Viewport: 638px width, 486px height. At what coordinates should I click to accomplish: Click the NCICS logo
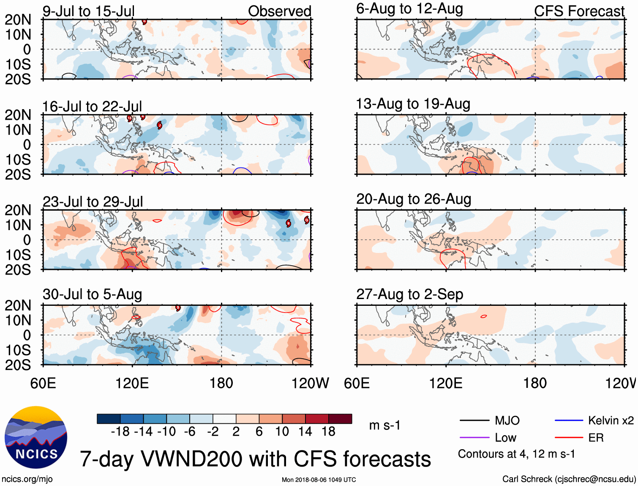click(36, 437)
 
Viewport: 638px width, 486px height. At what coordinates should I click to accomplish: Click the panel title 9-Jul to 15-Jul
click(88, 11)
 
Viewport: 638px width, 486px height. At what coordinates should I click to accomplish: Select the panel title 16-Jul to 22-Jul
click(92, 107)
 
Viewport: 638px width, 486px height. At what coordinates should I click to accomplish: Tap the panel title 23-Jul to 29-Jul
click(93, 202)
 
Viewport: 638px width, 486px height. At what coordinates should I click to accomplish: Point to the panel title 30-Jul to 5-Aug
click(92, 294)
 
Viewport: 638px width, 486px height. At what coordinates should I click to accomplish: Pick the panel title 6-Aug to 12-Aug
click(409, 9)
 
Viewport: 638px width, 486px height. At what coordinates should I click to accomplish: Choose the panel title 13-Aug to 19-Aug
click(413, 104)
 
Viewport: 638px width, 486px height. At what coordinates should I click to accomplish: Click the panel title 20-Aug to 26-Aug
click(413, 199)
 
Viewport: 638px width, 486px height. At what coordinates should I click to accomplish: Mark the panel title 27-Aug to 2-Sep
click(409, 294)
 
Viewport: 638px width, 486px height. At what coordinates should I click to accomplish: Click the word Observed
click(279, 11)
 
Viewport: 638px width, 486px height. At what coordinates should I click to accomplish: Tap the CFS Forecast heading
click(579, 11)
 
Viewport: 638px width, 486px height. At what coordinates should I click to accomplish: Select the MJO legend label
click(507, 420)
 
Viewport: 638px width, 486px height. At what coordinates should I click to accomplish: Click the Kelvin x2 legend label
click(611, 420)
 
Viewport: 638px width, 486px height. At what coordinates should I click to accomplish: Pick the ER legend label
click(596, 438)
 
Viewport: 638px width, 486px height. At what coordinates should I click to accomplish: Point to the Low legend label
click(505, 438)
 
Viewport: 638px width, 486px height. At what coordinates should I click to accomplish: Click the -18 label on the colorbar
click(120, 431)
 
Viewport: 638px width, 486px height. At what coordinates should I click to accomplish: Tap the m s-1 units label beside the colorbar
click(384, 425)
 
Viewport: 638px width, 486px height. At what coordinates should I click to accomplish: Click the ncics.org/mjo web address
click(27, 479)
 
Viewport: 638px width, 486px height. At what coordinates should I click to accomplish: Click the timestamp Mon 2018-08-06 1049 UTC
click(319, 480)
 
